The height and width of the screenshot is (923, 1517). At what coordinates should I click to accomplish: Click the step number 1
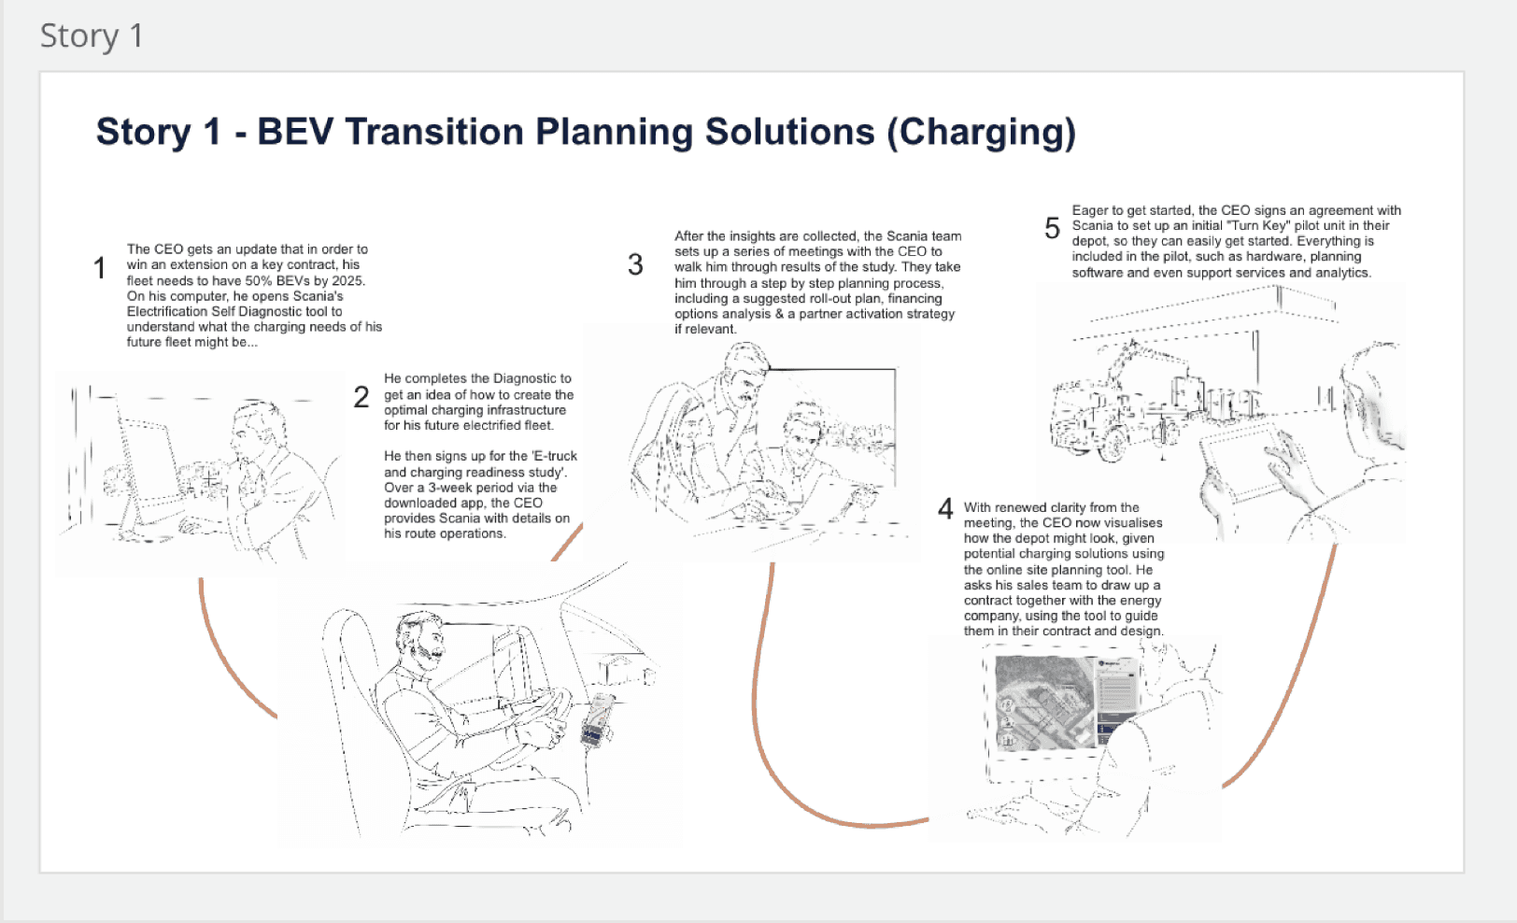click(x=100, y=268)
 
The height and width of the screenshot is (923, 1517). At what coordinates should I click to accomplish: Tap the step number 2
click(x=362, y=397)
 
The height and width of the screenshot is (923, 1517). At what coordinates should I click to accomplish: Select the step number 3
click(x=635, y=264)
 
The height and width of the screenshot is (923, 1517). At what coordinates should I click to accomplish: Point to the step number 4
click(x=945, y=508)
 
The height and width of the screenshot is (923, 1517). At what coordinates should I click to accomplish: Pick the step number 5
click(x=1052, y=228)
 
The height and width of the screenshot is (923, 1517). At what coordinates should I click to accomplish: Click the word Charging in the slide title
click(x=981, y=133)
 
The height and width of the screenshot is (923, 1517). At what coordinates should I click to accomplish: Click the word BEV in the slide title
click(x=295, y=132)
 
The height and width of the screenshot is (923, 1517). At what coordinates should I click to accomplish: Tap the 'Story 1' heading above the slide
click(x=92, y=35)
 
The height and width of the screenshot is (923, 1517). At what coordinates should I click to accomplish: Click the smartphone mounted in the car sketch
click(x=597, y=720)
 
